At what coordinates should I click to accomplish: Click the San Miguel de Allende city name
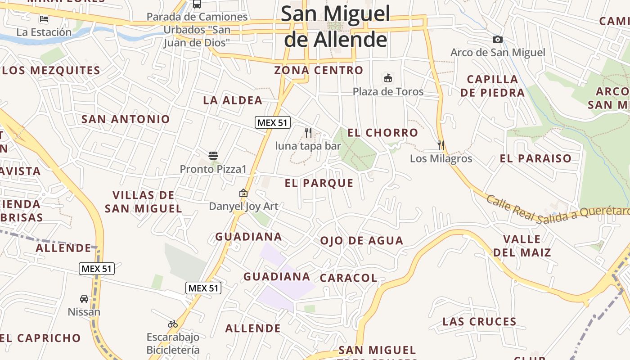click(x=336, y=27)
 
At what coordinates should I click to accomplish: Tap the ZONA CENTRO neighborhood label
click(x=319, y=70)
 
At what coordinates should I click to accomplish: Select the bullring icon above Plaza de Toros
click(x=388, y=78)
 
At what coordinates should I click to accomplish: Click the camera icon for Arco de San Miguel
click(x=497, y=40)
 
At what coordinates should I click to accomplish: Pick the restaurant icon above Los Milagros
click(x=441, y=145)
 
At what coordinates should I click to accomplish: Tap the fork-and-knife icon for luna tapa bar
click(x=308, y=132)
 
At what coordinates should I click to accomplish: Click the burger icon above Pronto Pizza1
click(x=213, y=156)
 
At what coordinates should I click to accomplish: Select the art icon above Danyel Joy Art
click(x=243, y=193)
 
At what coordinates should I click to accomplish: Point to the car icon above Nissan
click(x=84, y=298)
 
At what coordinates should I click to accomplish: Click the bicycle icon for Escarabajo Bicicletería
click(x=173, y=324)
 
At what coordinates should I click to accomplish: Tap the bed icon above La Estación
click(x=44, y=19)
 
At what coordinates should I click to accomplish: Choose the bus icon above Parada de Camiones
click(x=197, y=4)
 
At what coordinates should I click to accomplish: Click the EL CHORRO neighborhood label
click(x=382, y=133)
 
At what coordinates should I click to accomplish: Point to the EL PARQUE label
click(x=319, y=183)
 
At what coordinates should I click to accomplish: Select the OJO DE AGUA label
click(x=361, y=241)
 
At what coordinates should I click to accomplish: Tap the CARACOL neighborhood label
click(x=348, y=278)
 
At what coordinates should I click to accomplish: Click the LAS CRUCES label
click(x=479, y=322)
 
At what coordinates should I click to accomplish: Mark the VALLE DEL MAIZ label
click(x=522, y=246)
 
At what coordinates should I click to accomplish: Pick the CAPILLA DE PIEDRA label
click(x=492, y=86)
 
